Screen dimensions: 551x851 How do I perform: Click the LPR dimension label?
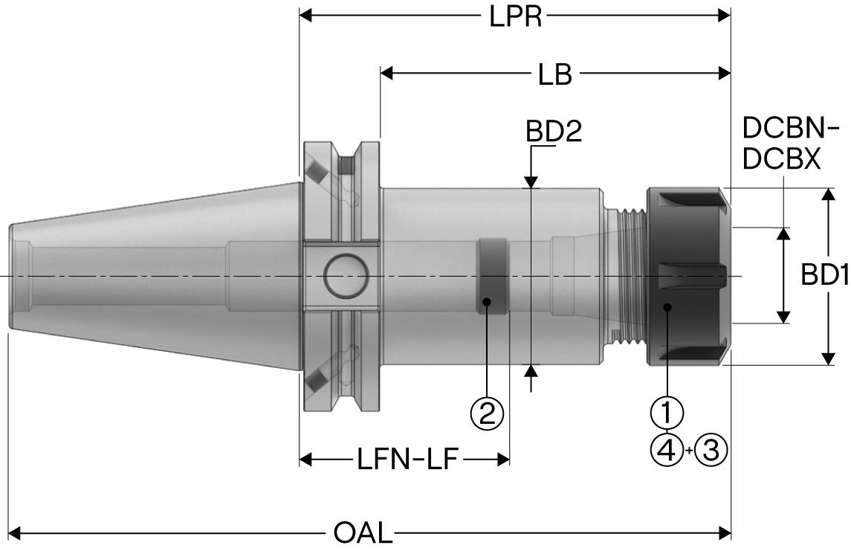click(x=515, y=16)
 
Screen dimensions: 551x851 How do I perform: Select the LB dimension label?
click(x=555, y=74)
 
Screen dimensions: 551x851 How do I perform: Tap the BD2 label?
click(x=554, y=132)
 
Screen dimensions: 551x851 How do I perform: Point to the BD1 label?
click(x=825, y=276)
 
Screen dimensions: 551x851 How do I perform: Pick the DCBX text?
click(x=782, y=159)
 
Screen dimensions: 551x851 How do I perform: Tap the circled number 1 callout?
click(x=667, y=411)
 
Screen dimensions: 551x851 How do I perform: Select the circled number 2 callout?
click(x=487, y=413)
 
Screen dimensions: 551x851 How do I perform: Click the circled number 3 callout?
click(x=711, y=450)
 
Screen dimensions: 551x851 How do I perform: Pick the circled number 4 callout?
click(x=667, y=450)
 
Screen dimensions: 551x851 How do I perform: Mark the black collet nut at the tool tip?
click(x=687, y=276)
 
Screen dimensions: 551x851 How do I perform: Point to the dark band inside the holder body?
click(x=491, y=276)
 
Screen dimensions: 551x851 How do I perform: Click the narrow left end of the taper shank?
click(x=19, y=276)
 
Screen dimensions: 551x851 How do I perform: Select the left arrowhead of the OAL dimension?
click(x=15, y=532)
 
